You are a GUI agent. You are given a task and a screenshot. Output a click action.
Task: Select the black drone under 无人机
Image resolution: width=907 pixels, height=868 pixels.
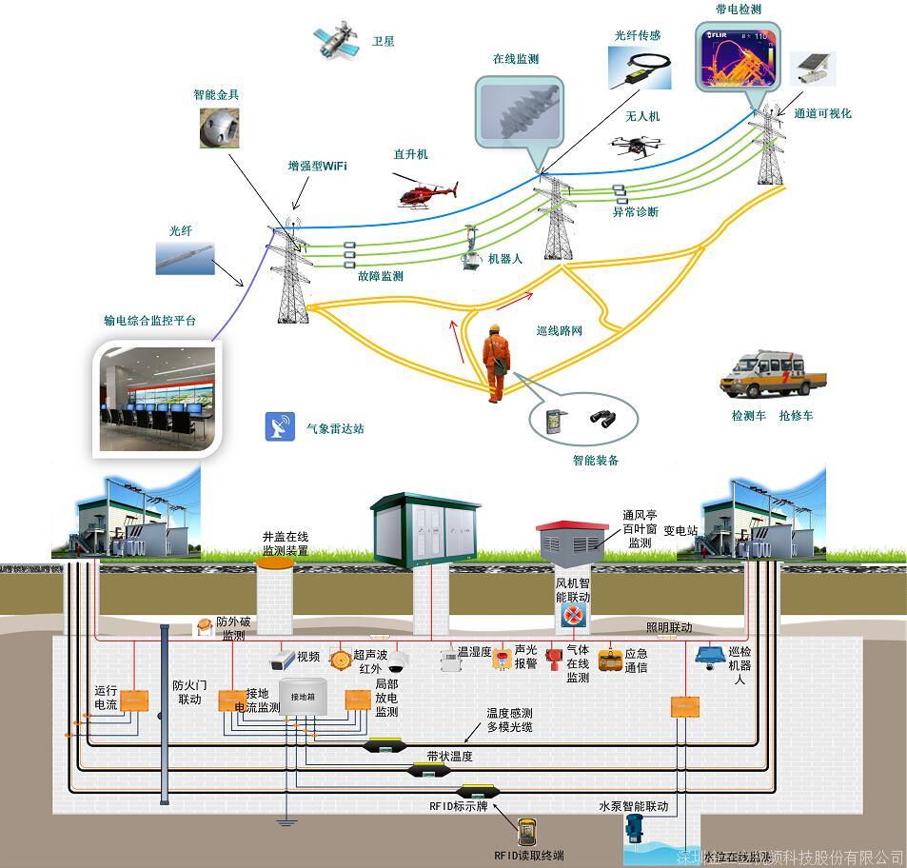pos(637,145)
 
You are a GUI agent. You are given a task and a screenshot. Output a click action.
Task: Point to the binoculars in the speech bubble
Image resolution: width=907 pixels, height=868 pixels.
pos(601,418)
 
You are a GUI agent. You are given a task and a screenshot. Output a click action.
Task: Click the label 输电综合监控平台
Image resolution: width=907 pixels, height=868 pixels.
pos(149,321)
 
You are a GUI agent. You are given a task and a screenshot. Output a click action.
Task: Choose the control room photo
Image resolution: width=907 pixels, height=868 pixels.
pos(161,398)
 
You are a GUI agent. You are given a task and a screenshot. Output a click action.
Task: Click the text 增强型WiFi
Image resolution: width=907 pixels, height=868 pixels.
pos(318,167)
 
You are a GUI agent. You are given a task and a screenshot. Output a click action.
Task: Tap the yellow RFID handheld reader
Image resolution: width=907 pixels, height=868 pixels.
pos(526,831)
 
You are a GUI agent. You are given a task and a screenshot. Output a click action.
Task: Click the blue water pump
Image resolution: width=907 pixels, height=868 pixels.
pos(636,829)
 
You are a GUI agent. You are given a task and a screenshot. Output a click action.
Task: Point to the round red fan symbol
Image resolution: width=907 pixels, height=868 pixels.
pos(572,615)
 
